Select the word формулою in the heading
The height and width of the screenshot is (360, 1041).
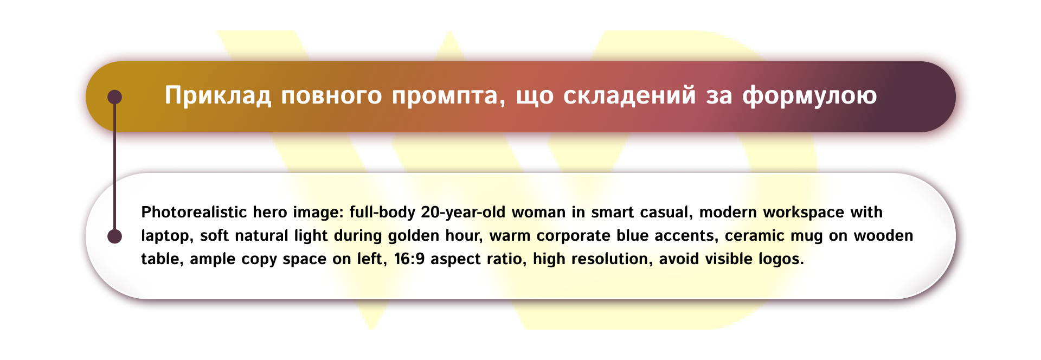coord(809,96)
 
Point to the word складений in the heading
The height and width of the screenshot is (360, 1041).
coord(629,96)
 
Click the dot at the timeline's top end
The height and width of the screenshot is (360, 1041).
coord(114,97)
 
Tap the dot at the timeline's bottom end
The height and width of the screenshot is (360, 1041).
coord(114,236)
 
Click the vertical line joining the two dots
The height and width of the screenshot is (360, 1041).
coord(114,168)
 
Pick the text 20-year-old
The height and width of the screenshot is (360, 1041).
coord(463,212)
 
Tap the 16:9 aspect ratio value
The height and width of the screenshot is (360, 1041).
coord(409,259)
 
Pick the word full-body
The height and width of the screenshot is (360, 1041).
coord(382,212)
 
